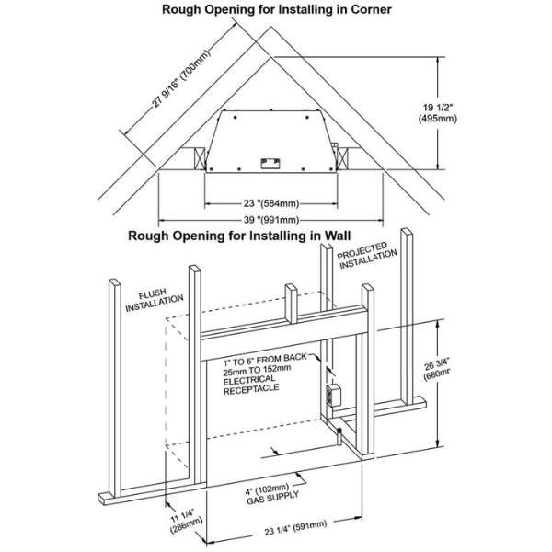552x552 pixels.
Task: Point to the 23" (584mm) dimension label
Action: (270, 202)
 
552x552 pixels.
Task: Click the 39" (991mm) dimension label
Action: (270, 220)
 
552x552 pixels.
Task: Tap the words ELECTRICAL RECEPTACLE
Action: (259, 385)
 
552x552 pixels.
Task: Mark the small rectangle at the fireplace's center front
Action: (270, 163)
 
